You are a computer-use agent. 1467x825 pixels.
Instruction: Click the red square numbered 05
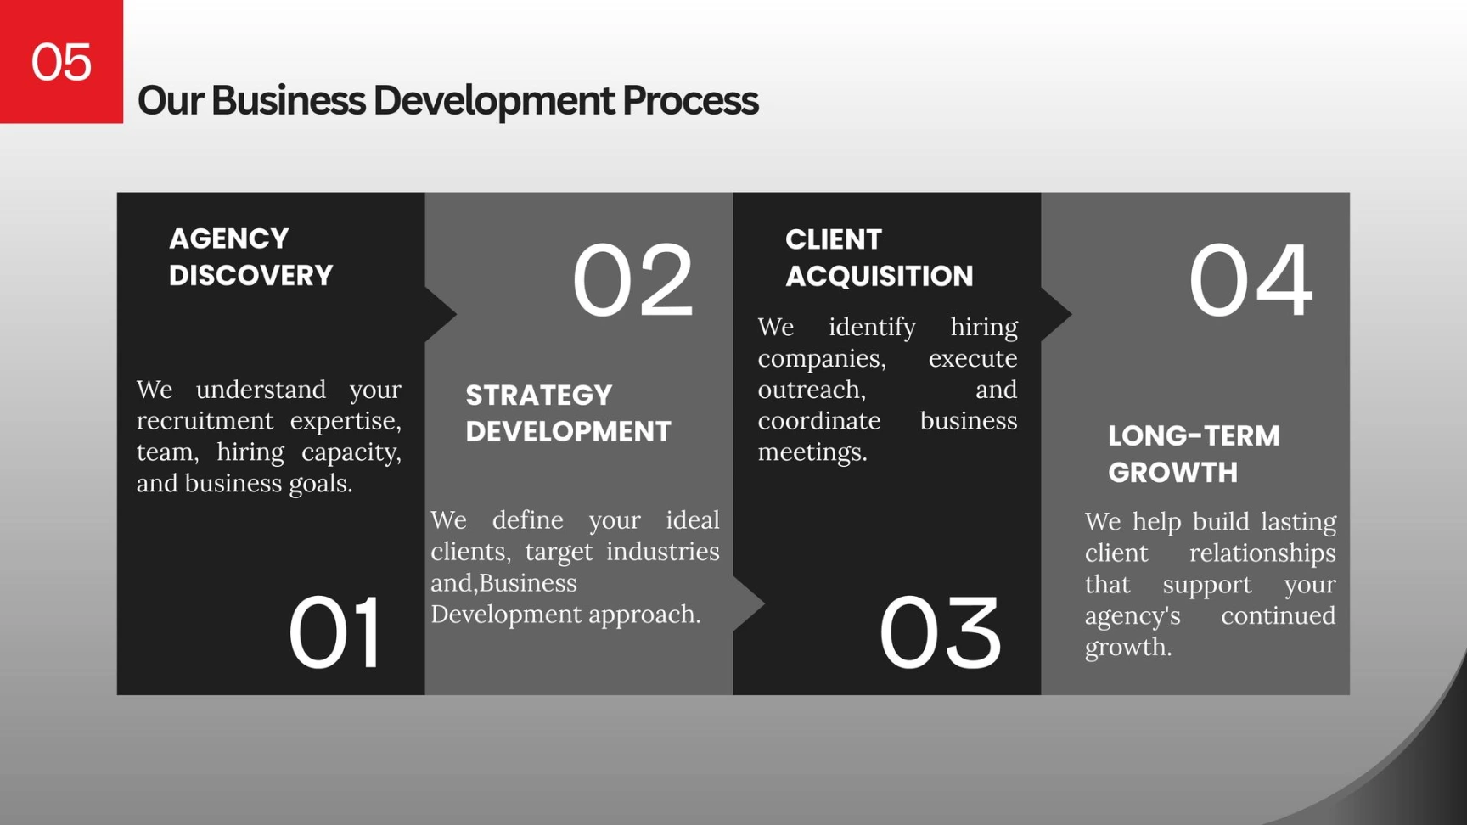(61, 61)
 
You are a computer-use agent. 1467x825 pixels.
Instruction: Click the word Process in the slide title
(690, 100)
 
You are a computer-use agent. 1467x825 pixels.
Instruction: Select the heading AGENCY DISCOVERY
(250, 257)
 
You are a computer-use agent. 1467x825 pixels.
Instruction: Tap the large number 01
(335, 632)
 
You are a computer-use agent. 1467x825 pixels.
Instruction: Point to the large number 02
(633, 279)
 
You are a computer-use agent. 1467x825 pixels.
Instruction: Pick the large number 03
(941, 632)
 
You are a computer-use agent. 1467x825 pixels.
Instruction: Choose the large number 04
(1251, 279)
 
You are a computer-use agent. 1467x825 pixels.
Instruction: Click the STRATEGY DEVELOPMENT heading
(568, 413)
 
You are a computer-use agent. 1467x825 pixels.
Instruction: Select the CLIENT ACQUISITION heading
(879, 257)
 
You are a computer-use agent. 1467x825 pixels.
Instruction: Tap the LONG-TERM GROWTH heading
(1194, 454)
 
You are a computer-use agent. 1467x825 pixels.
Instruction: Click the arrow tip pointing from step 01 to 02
(456, 314)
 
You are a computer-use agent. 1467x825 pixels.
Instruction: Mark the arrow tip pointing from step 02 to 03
(764, 604)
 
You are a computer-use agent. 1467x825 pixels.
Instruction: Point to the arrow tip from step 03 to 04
(1071, 314)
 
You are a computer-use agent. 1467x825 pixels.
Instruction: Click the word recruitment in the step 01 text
(205, 421)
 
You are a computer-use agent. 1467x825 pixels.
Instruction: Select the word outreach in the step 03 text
(812, 390)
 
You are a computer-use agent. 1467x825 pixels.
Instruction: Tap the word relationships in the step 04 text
(1262, 553)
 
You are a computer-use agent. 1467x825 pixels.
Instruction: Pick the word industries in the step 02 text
(662, 552)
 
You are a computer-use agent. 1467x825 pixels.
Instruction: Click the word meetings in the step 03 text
(812, 452)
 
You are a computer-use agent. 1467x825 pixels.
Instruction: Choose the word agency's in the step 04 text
(1133, 616)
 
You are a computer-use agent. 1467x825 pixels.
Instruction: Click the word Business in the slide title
(289, 100)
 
